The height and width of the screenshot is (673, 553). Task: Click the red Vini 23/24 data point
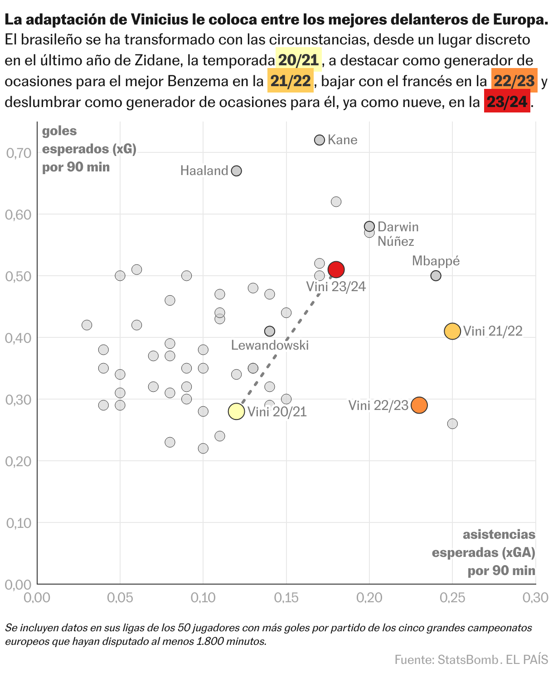tap(336, 269)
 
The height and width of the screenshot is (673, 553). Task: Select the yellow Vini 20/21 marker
tap(236, 411)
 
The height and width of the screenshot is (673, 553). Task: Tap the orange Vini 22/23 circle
tap(419, 405)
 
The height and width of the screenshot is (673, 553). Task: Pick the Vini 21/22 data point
tap(452, 331)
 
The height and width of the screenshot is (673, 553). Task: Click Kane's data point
tap(320, 140)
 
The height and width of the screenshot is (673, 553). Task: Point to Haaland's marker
tap(236, 171)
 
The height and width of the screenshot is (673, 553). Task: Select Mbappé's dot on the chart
tap(436, 276)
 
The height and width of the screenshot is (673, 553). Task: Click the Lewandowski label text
tap(270, 346)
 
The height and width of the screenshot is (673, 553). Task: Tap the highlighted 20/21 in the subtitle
tap(299, 60)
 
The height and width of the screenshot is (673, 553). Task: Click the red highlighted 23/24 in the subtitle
tap(507, 102)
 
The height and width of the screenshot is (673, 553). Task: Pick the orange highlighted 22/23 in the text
tap(514, 81)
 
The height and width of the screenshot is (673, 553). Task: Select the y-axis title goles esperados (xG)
tap(89, 149)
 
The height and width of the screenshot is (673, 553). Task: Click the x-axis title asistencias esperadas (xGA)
tap(484, 552)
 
